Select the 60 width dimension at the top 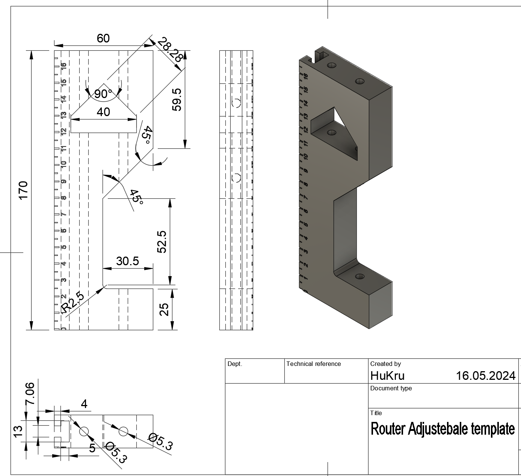103,38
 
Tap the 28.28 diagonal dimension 170,50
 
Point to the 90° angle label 103,94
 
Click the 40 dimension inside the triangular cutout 103,112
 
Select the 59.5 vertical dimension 177,100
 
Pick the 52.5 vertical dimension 162,242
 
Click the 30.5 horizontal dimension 127,261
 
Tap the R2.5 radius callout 72,303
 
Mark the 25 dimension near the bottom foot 164,310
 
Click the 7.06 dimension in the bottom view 30,393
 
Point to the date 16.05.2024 485,376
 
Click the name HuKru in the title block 387,376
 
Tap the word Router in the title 388,429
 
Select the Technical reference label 313,364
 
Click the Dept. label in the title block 235,364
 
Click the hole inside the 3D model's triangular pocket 331,133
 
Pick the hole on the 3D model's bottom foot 359,277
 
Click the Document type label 391,388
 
